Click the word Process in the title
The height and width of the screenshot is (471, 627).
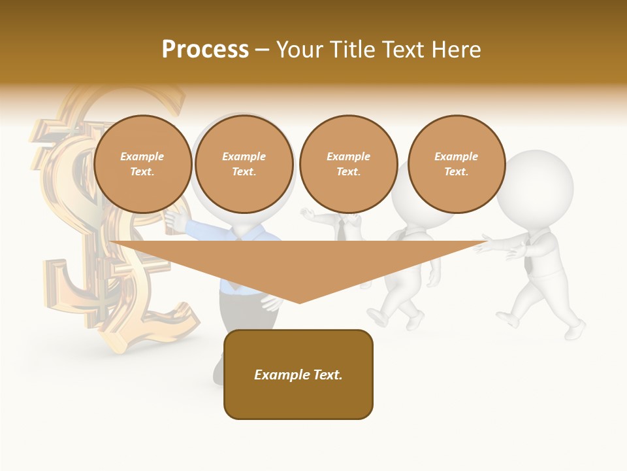(205, 50)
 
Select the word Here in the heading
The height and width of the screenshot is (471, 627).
(456, 50)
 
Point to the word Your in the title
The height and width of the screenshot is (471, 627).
(300, 50)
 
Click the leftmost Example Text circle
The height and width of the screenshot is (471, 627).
(142, 164)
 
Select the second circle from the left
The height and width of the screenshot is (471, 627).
(244, 164)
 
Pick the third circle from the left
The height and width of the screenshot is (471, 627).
(348, 164)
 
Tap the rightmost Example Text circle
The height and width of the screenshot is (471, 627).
(456, 164)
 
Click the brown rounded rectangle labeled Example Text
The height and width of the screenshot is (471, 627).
(298, 374)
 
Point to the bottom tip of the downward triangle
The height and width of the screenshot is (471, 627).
(299, 302)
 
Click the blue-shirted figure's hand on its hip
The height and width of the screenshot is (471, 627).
(269, 303)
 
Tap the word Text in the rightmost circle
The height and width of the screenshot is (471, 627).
(456, 172)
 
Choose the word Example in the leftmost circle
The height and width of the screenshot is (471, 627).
(142, 156)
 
